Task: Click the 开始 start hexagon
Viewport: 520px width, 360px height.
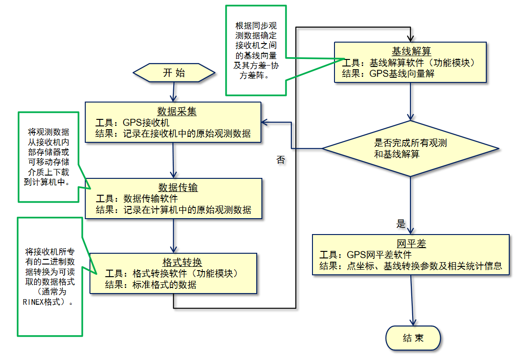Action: pyautogui.click(x=174, y=73)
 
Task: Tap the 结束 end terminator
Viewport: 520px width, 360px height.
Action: pyautogui.click(x=413, y=338)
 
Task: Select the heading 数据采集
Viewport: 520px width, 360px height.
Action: pyautogui.click(x=177, y=111)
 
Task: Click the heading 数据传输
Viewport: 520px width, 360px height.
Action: pyautogui.click(x=178, y=187)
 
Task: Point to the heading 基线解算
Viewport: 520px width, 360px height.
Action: pyautogui.click(x=411, y=51)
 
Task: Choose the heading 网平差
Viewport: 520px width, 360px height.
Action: pyautogui.click(x=411, y=244)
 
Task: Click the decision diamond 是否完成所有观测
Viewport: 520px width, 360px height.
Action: pyautogui.click(x=410, y=148)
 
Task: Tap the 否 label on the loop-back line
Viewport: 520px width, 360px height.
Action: pyautogui.click(x=281, y=160)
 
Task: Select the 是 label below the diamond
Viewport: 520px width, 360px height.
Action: pyautogui.click(x=401, y=224)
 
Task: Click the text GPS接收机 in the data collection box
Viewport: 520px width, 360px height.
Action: pyautogui.click(x=146, y=123)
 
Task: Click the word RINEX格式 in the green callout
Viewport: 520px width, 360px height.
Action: pyautogui.click(x=43, y=302)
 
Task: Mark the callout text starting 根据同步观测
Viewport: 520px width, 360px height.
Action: pyautogui.click(x=255, y=51)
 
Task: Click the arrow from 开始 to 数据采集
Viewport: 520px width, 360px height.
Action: pyautogui.click(x=173, y=92)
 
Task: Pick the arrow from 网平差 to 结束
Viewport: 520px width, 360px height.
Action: pyautogui.click(x=411, y=300)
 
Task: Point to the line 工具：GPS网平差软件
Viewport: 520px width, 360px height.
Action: pyautogui.click(x=365, y=255)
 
